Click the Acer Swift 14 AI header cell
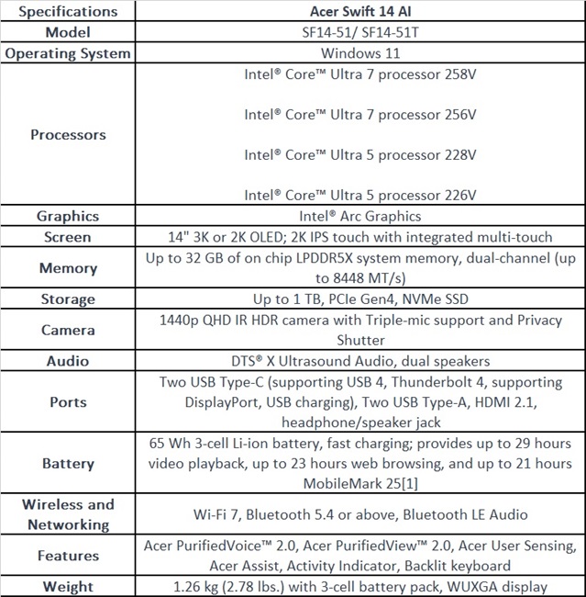359,11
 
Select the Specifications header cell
68,11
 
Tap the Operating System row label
68,53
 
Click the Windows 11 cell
359,53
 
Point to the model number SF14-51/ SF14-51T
359,32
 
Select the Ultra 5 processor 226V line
359,195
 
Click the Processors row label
68,134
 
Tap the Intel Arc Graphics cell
359,216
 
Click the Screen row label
68,237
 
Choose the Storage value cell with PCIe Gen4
359,298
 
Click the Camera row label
68,330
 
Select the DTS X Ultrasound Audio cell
359,361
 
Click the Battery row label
68,463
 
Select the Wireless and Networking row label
68,514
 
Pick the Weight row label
68,586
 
